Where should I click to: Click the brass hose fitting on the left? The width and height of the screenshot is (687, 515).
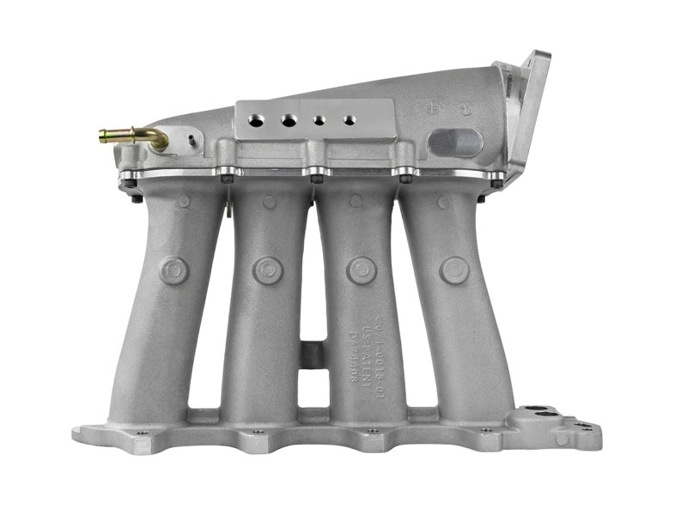point(129,136)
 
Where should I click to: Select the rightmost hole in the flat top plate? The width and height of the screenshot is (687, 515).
point(348,120)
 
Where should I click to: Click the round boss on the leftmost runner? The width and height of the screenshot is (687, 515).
point(174,270)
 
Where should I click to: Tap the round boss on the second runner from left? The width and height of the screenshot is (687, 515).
point(268,270)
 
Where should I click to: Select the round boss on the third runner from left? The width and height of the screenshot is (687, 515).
point(362,270)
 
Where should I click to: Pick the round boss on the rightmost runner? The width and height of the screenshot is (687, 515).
point(454,270)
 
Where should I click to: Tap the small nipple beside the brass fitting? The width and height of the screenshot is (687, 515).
point(192,137)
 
